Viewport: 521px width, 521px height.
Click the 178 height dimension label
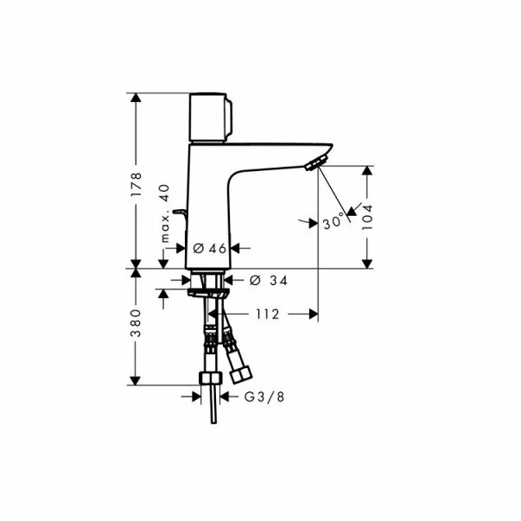pyautogui.click(x=136, y=184)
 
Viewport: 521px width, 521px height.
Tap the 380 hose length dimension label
pyautogui.click(x=136, y=323)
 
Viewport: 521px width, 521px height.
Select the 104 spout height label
pyautogui.click(x=367, y=218)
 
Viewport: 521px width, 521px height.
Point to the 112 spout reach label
pyautogui.click(x=268, y=314)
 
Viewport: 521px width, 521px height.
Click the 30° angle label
pyautogui.click(x=334, y=221)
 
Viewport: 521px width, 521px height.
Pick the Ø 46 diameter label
pyautogui.click(x=210, y=248)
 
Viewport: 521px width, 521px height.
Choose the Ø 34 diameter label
pyautogui.click(x=269, y=281)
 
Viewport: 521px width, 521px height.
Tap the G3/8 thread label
pyautogui.click(x=264, y=397)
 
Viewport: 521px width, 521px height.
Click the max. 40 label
pyautogui.click(x=165, y=213)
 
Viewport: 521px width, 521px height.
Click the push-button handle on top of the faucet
pyautogui.click(x=210, y=118)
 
